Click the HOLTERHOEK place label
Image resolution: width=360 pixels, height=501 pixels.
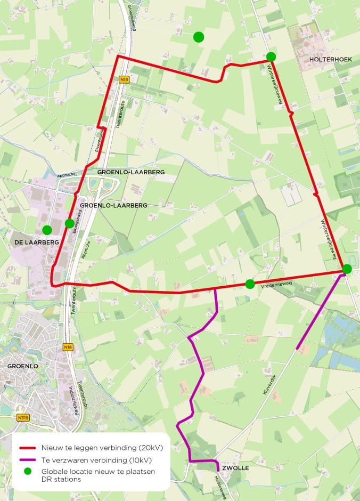tap(330, 60)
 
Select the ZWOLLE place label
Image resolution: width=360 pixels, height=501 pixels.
tap(235, 468)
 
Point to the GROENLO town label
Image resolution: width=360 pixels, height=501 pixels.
tap(22, 367)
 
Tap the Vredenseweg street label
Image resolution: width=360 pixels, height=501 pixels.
tap(275, 286)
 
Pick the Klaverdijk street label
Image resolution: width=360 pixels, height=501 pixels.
tap(271, 384)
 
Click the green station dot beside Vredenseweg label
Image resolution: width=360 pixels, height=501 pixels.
tap(250, 284)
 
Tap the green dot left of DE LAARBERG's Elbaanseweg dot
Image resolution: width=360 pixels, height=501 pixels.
tap(47, 230)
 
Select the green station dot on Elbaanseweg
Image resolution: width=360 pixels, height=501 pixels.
tap(69, 223)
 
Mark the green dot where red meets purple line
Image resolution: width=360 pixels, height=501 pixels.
tap(347, 269)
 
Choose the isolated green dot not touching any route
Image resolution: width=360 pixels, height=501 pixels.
tap(199, 37)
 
